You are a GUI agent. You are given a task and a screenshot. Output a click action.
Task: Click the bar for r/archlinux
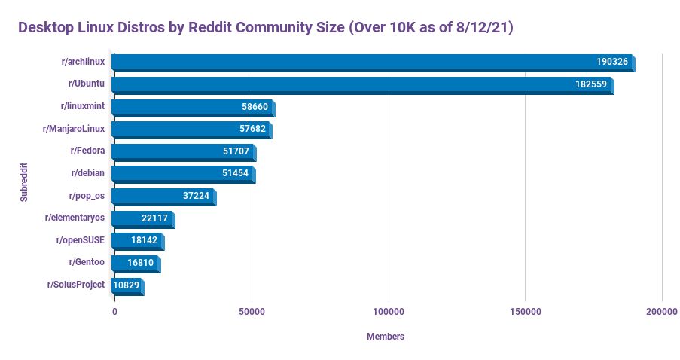tap(373, 63)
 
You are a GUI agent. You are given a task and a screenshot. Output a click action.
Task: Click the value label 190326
tap(611, 62)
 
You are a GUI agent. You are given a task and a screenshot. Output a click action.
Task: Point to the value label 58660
tap(255, 107)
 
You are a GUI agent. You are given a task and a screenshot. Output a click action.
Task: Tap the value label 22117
tap(154, 218)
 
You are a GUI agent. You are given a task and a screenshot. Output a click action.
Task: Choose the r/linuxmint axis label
tap(82, 106)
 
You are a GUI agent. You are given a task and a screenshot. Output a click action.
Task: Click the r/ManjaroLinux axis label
tap(74, 129)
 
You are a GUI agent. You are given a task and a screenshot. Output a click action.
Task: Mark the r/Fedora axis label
tap(87, 151)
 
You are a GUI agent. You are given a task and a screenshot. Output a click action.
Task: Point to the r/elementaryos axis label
tap(75, 218)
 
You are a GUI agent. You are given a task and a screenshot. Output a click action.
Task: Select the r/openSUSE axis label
tap(81, 240)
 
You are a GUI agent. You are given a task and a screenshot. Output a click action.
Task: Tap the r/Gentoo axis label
tap(87, 262)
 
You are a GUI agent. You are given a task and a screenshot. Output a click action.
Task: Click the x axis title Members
tap(385, 337)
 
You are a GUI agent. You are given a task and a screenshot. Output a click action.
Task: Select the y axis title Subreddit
tap(24, 180)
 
